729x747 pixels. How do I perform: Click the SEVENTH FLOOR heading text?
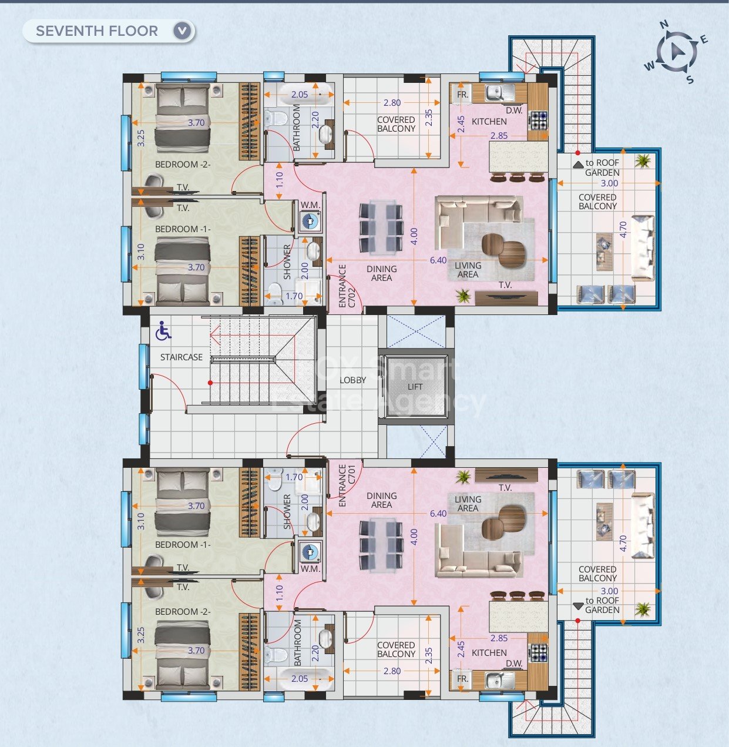[97, 31]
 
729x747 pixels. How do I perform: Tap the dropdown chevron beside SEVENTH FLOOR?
[183, 31]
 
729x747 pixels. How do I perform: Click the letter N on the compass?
[664, 25]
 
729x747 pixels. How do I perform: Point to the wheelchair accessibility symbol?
[163, 332]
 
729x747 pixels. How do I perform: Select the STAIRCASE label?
[182, 357]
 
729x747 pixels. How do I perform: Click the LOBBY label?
[352, 380]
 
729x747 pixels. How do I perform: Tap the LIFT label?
[415, 387]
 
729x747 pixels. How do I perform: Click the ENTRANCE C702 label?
[347, 287]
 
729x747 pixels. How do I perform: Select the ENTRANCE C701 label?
[347, 485]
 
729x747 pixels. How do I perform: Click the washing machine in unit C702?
[310, 222]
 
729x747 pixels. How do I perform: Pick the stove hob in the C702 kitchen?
[539, 120]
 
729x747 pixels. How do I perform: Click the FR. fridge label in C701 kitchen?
[462, 678]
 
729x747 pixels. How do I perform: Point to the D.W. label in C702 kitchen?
[513, 110]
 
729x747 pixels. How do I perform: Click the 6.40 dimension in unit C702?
[438, 260]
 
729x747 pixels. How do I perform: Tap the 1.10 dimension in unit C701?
[279, 592]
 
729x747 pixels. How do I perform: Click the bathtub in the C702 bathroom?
[299, 95]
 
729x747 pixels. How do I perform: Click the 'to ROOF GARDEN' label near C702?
[602, 168]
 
